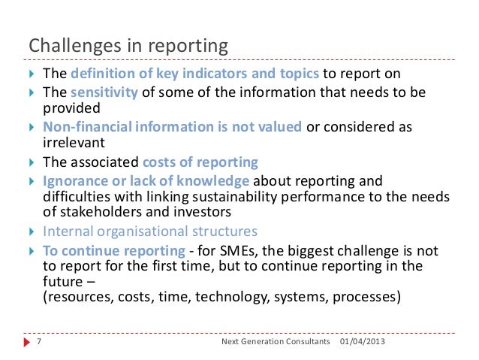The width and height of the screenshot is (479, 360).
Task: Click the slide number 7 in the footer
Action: point(38,342)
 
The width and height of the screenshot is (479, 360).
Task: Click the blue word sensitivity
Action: point(104,92)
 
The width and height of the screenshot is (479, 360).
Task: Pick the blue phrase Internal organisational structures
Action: point(150,231)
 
